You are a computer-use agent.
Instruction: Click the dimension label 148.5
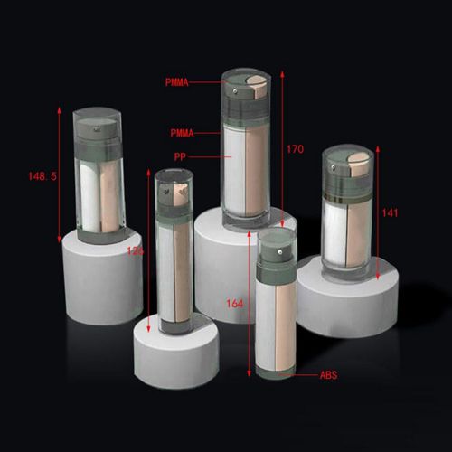42,177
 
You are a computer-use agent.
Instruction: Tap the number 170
295,148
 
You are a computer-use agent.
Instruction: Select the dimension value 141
391,213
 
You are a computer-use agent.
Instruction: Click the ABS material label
329,374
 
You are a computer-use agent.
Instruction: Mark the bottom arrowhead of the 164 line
250,372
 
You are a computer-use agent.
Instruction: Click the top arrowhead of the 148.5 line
61,109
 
